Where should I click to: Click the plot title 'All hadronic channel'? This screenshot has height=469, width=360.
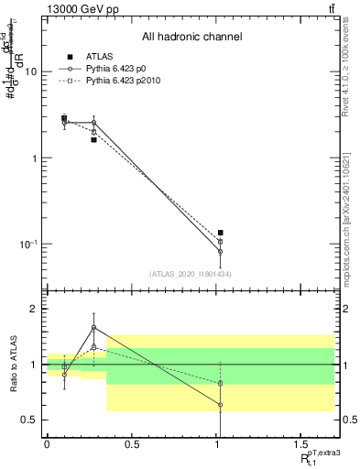coord(191,37)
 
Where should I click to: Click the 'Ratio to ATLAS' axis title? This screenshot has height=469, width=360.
coord(13,365)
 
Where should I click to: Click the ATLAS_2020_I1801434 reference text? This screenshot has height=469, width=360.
coord(191,273)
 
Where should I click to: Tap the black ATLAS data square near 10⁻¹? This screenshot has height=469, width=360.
coord(221,233)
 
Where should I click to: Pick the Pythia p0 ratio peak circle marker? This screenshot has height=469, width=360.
coord(93,327)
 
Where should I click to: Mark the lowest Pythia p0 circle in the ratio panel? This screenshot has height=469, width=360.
coord(221,404)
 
